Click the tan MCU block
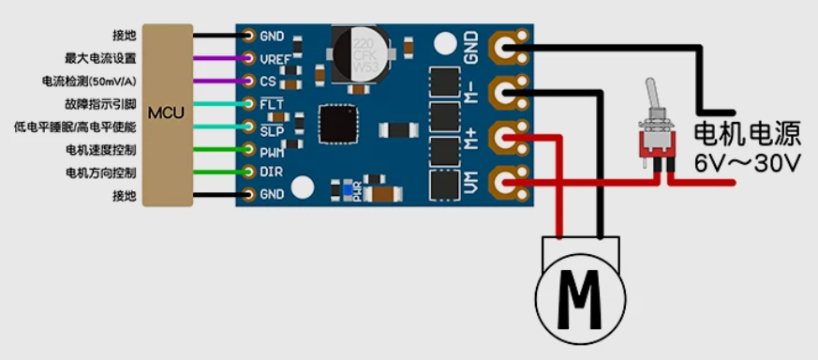coord(168,114)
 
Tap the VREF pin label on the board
coord(275,59)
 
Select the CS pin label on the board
coord(267,81)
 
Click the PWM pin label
coord(272,153)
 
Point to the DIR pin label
coord(270,172)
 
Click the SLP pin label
coord(272,131)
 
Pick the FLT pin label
coord(272,104)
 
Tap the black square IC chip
coord(338,124)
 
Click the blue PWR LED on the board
coord(348,190)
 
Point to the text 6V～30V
coord(747,165)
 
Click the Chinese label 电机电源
coord(747,134)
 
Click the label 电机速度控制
coord(100,151)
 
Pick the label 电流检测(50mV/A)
coord(89,81)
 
